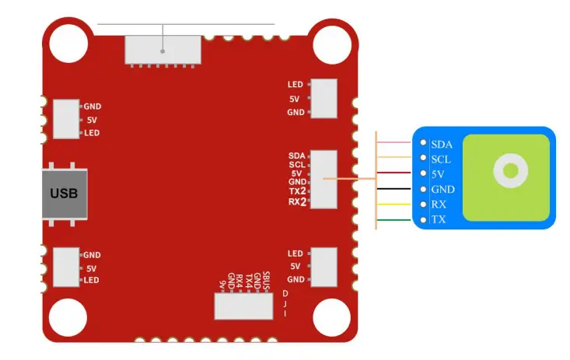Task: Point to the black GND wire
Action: click(397, 189)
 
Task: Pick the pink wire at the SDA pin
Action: click(397, 143)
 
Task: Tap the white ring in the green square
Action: click(511, 170)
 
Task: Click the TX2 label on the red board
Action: click(297, 191)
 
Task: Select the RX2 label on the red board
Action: click(297, 202)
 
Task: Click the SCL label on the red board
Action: click(296, 164)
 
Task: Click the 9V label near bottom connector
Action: click(222, 285)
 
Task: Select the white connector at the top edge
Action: click(162, 50)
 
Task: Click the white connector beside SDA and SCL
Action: click(324, 180)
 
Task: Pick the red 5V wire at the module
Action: click(397, 173)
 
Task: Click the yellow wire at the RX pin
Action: click(397, 204)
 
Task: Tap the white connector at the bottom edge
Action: click(244, 306)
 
